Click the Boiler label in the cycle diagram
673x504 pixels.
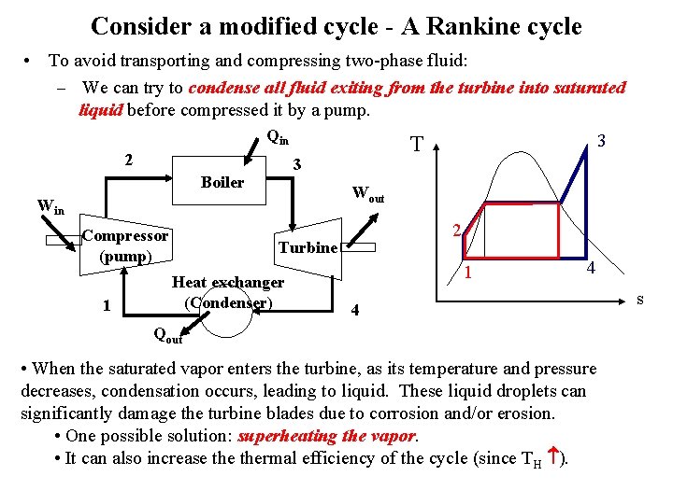tap(222, 183)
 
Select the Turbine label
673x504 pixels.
tap(308, 247)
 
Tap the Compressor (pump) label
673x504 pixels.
tap(125, 245)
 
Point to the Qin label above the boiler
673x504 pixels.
tap(277, 137)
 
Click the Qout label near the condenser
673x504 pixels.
tap(167, 333)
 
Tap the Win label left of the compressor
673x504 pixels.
tap(50, 205)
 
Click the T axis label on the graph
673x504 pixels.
tap(417, 145)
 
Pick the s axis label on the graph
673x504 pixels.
tap(640, 299)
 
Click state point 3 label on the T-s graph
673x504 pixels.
tap(603, 141)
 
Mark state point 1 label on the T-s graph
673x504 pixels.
tap(470, 273)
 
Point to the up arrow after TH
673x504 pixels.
tap(551, 456)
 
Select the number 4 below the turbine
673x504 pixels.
tap(353, 311)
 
